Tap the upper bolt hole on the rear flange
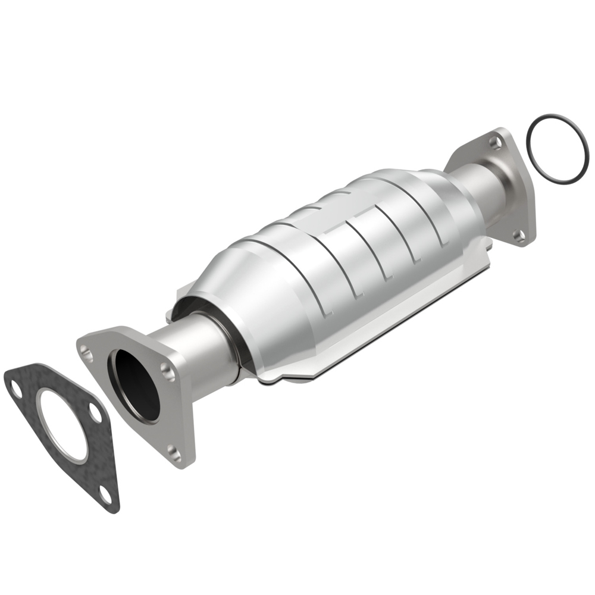pyautogui.click(x=493, y=142)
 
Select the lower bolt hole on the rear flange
pyautogui.click(x=519, y=236)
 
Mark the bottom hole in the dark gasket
pyautogui.click(x=105, y=491)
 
